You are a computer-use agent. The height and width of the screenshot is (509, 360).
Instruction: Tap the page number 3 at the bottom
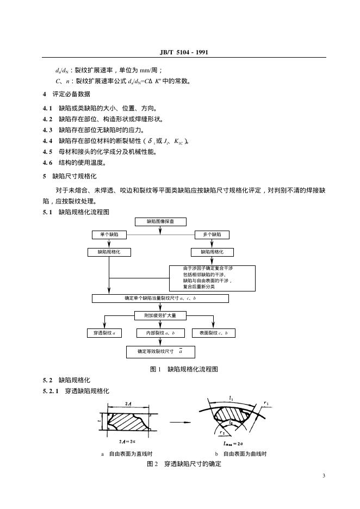[324, 477]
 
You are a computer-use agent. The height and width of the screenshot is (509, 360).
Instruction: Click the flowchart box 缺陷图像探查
[160, 221]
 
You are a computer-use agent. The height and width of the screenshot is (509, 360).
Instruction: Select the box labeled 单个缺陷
[109, 234]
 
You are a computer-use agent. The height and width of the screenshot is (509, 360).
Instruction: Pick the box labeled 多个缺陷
[212, 234]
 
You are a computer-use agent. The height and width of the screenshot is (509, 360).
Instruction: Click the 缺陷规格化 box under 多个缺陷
[212, 252]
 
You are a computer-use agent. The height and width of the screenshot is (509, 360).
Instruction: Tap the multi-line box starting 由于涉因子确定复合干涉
[211, 277]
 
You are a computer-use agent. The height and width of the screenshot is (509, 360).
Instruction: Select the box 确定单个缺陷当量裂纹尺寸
[160, 299]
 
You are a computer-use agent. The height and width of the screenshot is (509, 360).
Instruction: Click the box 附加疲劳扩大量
[160, 315]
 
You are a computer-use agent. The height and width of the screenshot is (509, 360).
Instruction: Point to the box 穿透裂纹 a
[104, 332]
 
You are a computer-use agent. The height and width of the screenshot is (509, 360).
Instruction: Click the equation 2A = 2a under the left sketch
[127, 442]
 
